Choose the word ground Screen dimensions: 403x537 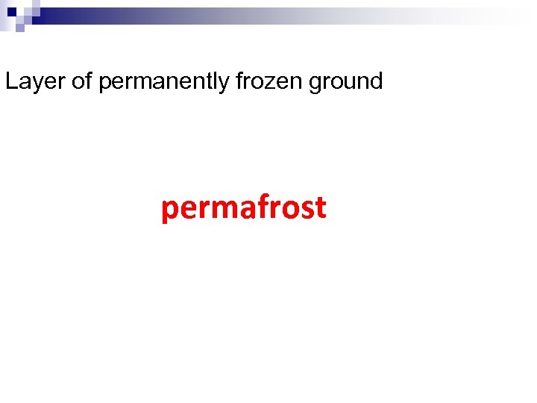345,81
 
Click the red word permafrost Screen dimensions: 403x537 244,207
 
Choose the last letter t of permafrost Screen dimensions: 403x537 321,207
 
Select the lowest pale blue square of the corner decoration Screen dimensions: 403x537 20,28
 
